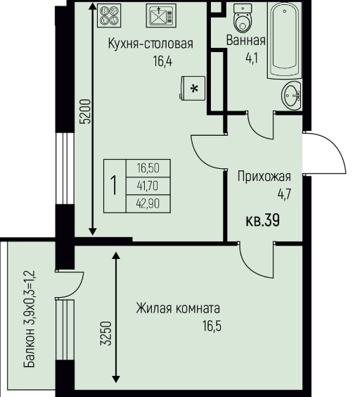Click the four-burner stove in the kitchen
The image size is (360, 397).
pyautogui.click(x=109, y=15)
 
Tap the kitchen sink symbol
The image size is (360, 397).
pyautogui.click(x=161, y=15)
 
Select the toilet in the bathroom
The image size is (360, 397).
pyautogui.click(x=243, y=18)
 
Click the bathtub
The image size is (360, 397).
pyautogui.click(x=285, y=39)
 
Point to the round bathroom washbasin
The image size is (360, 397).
pyautogui.click(x=291, y=96)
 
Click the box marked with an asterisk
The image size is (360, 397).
pyautogui.click(x=193, y=89)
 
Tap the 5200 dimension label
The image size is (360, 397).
pyautogui.click(x=85, y=111)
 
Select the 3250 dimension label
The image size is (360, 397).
pyautogui.click(x=105, y=333)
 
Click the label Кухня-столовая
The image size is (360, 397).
pyautogui.click(x=150, y=44)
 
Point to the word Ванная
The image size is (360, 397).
pyautogui.click(x=245, y=40)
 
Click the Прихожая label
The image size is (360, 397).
pyautogui.click(x=264, y=177)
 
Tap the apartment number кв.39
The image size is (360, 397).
pyautogui.click(x=263, y=220)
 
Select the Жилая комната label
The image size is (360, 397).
pyautogui.click(x=178, y=308)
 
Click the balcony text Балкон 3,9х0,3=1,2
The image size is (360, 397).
pyautogui.click(x=29, y=319)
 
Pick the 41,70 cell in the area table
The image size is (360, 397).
pyautogui.click(x=148, y=186)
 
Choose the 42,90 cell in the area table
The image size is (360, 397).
pyautogui.click(x=148, y=203)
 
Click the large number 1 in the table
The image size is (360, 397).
pyautogui.click(x=115, y=186)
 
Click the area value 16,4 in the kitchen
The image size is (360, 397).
pyautogui.click(x=162, y=61)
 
